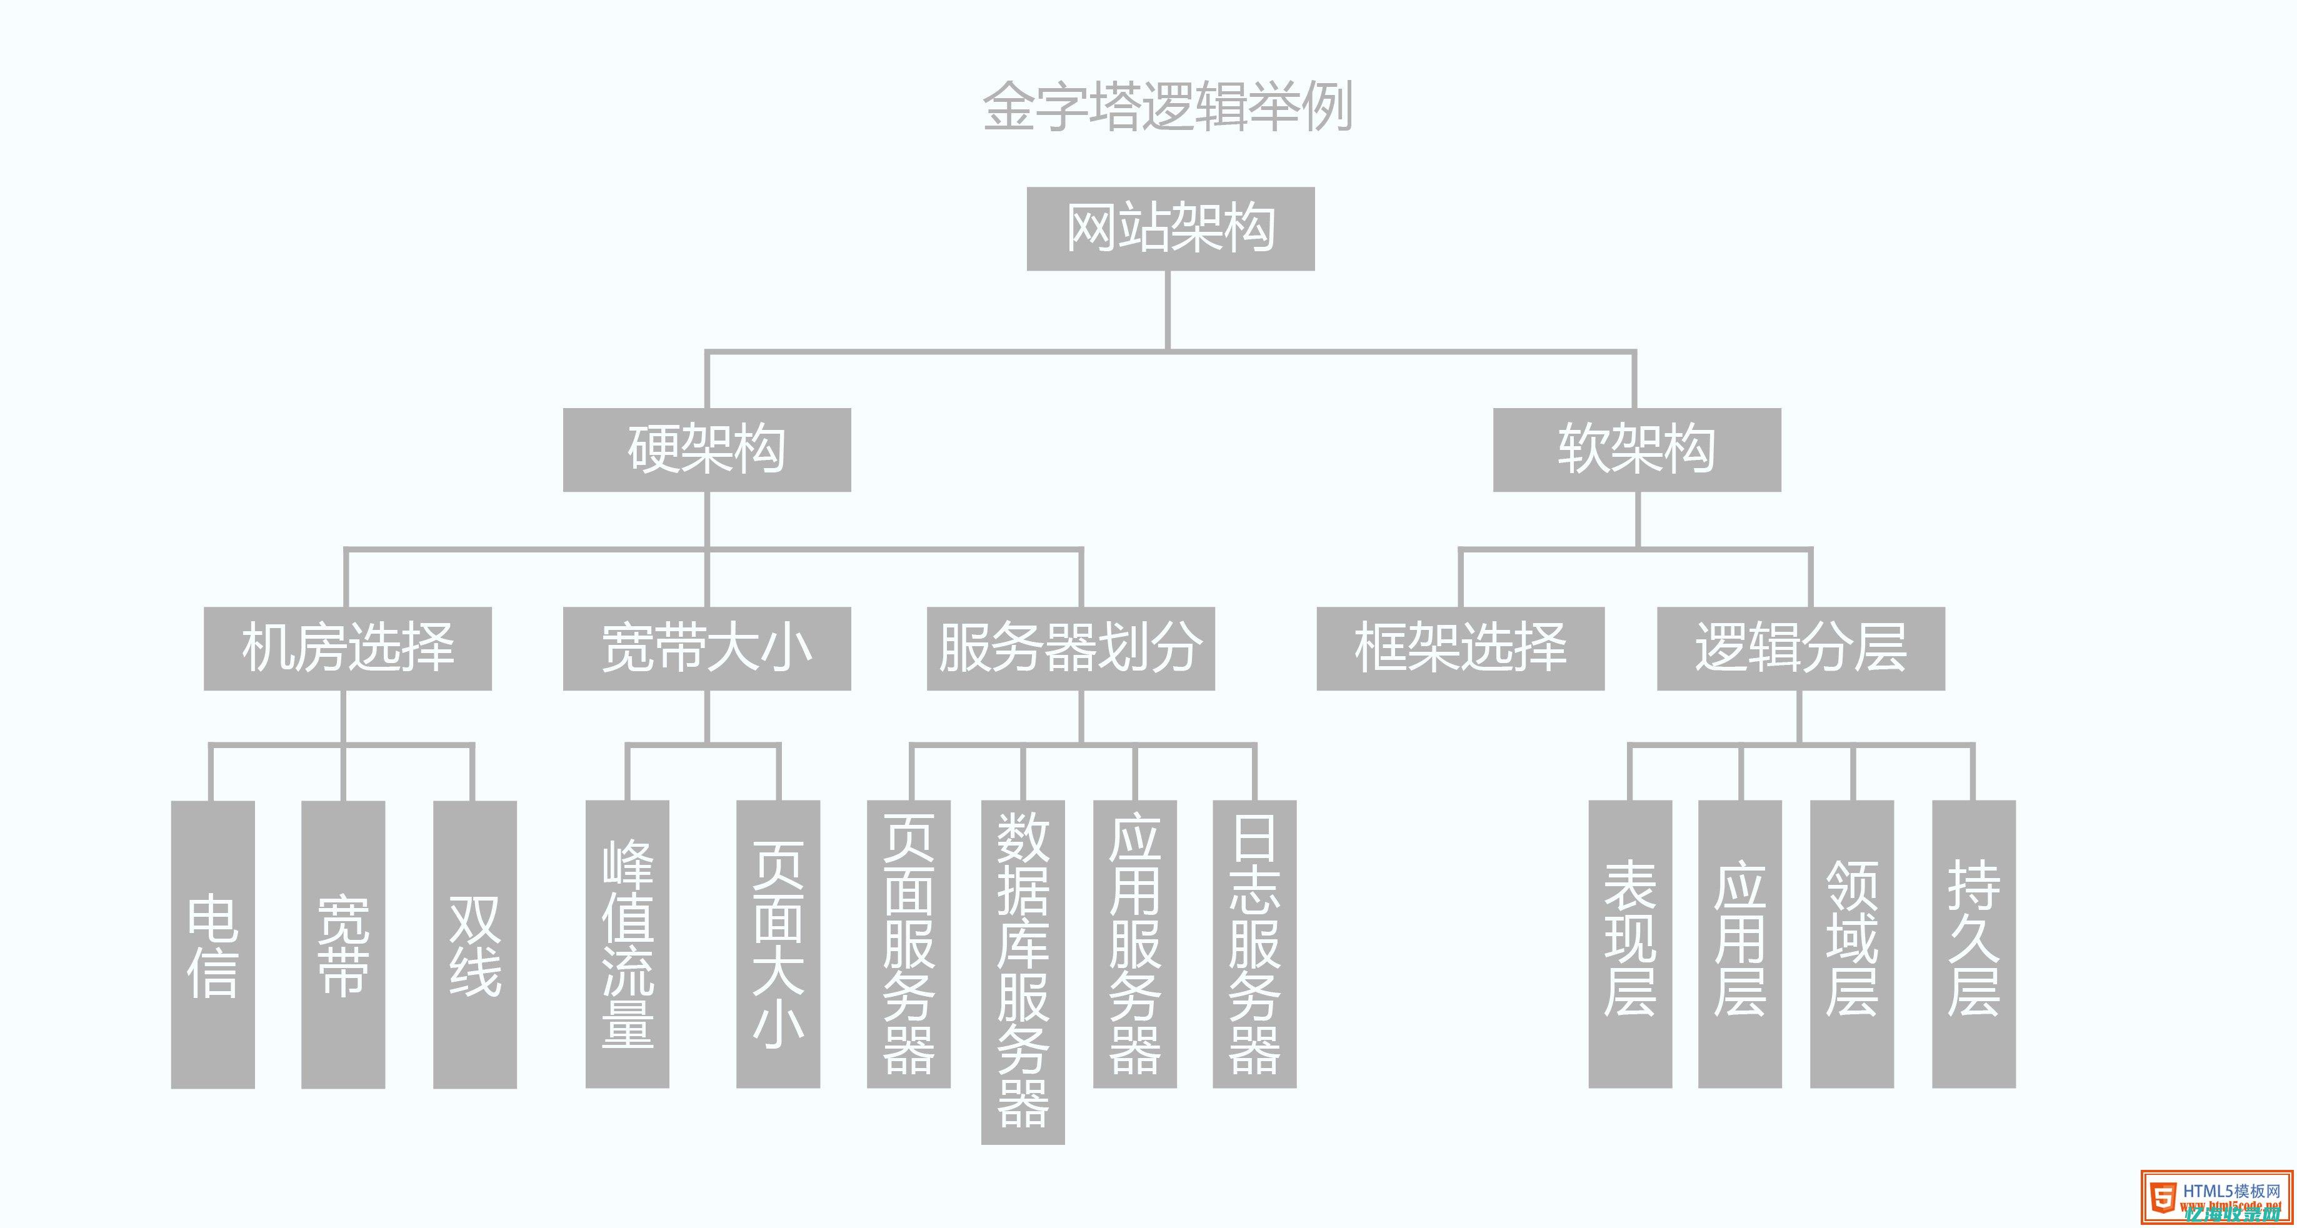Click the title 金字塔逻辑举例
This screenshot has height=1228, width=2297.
[1168, 107]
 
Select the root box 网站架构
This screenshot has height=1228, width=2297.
[1170, 228]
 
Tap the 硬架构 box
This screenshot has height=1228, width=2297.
[706, 449]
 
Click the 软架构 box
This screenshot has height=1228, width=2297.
[1636, 449]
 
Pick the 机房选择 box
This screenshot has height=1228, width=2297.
[347, 648]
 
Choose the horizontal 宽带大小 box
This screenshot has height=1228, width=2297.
[706, 648]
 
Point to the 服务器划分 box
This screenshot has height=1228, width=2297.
[1070, 648]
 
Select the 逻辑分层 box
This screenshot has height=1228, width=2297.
[1800, 648]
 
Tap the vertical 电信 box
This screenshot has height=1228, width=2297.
[213, 944]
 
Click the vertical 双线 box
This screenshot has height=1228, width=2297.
[474, 944]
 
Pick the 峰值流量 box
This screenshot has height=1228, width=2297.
[627, 944]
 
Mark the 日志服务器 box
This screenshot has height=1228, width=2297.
[1254, 944]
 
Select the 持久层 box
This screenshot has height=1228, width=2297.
[1973, 944]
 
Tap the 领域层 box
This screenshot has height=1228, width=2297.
[1851, 944]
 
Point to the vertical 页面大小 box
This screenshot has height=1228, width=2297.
[778, 944]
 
